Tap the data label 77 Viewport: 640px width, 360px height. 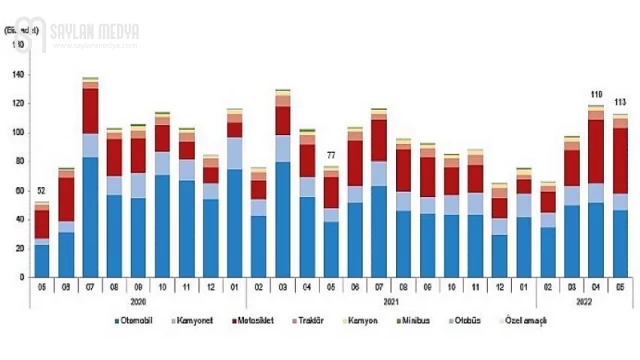(x=331, y=155)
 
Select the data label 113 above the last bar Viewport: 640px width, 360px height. (x=621, y=102)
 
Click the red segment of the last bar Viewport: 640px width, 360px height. (x=620, y=161)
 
